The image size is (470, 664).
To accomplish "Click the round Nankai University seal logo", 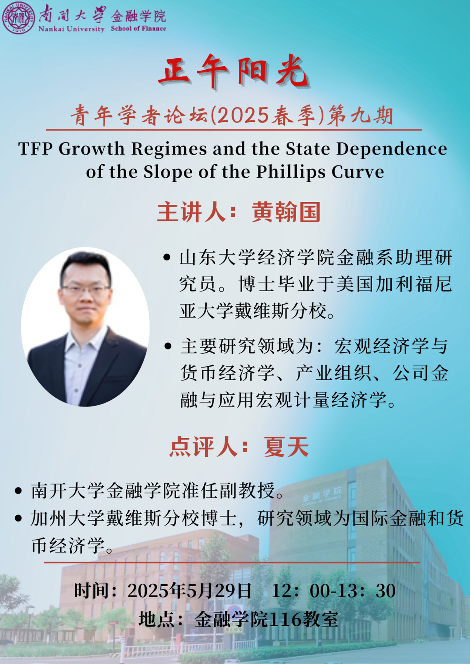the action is point(18,18).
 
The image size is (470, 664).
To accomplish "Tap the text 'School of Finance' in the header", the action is point(138,29).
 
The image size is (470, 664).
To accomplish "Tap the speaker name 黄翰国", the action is point(286,212).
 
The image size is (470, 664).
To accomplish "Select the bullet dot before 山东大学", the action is point(167,257).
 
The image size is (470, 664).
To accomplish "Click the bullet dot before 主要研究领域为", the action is point(168,346).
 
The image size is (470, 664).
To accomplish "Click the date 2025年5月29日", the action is point(189,591).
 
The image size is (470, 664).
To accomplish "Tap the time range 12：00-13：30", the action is point(333,591).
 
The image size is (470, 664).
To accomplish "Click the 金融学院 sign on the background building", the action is point(322,494).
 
